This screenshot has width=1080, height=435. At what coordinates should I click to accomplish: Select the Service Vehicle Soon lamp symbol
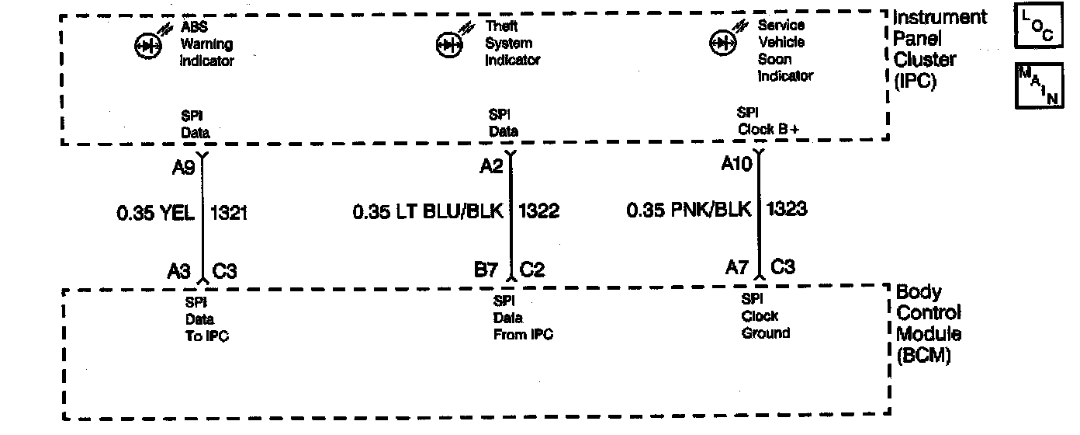tap(722, 43)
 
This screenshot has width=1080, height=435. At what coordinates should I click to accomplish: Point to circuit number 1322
tap(538, 211)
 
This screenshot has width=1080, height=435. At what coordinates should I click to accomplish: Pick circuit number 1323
tap(787, 208)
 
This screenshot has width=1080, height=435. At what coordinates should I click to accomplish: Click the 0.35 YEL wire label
tap(155, 213)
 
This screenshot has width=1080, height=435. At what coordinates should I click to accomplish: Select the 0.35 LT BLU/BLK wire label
tap(428, 211)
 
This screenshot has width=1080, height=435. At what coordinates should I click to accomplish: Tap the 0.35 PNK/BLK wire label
tap(689, 209)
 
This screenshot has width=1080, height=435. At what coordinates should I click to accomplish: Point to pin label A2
tap(492, 165)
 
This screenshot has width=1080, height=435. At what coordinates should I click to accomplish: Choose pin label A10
tap(737, 164)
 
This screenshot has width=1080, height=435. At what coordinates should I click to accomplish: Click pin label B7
tap(486, 270)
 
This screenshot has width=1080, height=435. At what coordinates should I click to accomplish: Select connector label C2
tap(532, 270)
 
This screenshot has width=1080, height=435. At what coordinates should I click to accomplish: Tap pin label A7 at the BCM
tap(737, 268)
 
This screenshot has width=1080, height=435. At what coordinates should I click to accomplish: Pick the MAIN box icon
tap(1039, 85)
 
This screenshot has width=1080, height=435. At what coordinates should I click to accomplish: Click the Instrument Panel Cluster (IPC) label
tap(940, 49)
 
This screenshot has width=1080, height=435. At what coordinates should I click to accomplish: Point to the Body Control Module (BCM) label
tap(929, 324)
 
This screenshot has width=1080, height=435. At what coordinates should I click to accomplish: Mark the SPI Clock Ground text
tap(765, 316)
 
